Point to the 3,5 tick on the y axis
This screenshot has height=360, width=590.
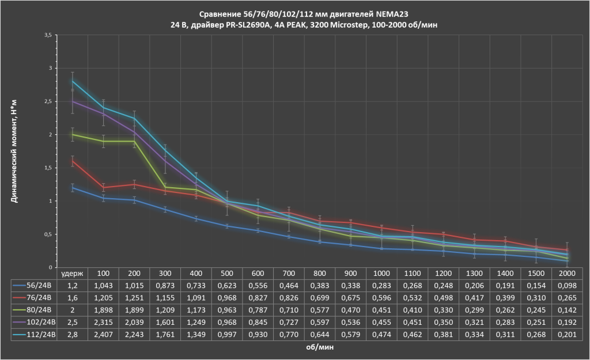[48, 35]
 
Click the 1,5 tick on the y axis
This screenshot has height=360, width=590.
[48, 168]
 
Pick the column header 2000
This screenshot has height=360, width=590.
[568, 272]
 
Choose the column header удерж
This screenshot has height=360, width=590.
[73, 272]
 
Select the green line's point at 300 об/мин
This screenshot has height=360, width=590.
[165, 187]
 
